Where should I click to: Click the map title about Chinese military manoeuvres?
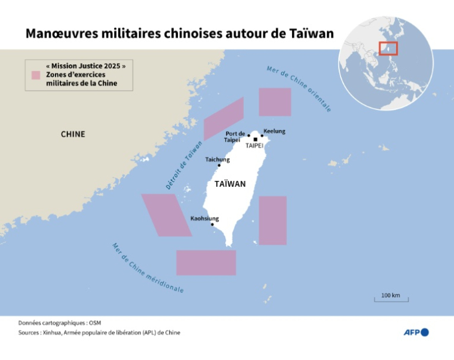point(179,33)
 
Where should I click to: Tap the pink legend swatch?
point(35,76)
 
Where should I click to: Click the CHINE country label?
point(73,134)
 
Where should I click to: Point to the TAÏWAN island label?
point(230,184)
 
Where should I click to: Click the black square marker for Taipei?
point(256,140)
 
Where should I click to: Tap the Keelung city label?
point(274,131)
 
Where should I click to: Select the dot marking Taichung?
point(219,165)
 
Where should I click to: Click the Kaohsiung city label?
point(205,219)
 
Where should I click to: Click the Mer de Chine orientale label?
point(299,90)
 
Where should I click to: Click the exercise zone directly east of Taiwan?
point(272,220)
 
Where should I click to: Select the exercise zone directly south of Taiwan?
point(206,263)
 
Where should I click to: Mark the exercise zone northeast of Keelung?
point(275,102)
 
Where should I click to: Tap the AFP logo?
point(416,332)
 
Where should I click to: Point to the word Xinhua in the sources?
point(53,333)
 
